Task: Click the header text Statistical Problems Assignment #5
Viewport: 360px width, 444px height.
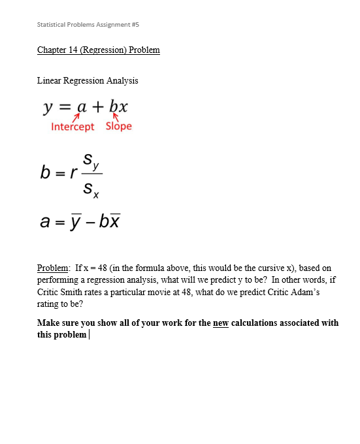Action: click(x=88, y=24)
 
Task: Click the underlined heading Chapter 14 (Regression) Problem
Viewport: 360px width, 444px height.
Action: click(x=99, y=50)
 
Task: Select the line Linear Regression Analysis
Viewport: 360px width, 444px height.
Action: click(x=88, y=81)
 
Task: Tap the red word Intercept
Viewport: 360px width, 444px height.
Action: click(x=73, y=127)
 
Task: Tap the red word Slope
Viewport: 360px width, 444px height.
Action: click(x=118, y=126)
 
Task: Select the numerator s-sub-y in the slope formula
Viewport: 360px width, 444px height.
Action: click(x=93, y=162)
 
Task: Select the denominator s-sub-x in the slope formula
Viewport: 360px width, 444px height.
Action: click(x=93, y=190)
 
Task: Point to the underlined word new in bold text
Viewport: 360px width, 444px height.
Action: click(x=220, y=323)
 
